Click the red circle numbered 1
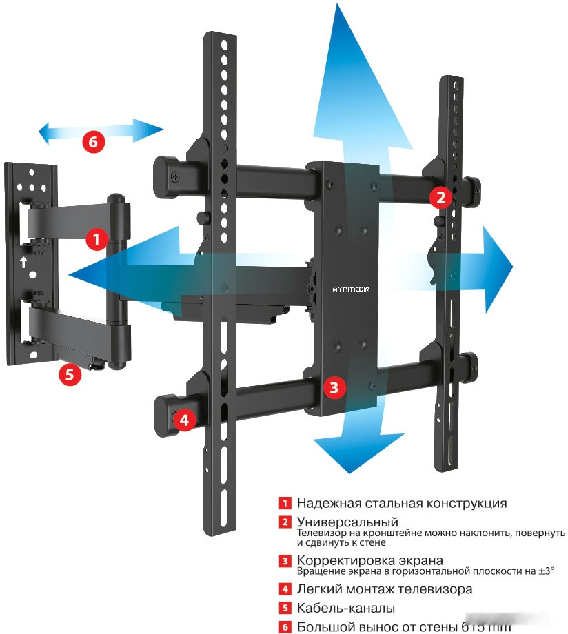click(x=97, y=240)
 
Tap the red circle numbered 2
click(x=441, y=198)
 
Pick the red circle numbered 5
click(x=70, y=374)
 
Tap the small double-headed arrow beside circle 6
click(x=101, y=130)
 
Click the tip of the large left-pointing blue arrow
click(x=70, y=274)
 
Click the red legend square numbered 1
click(x=285, y=503)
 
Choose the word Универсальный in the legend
click(x=347, y=522)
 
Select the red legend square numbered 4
click(x=285, y=589)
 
